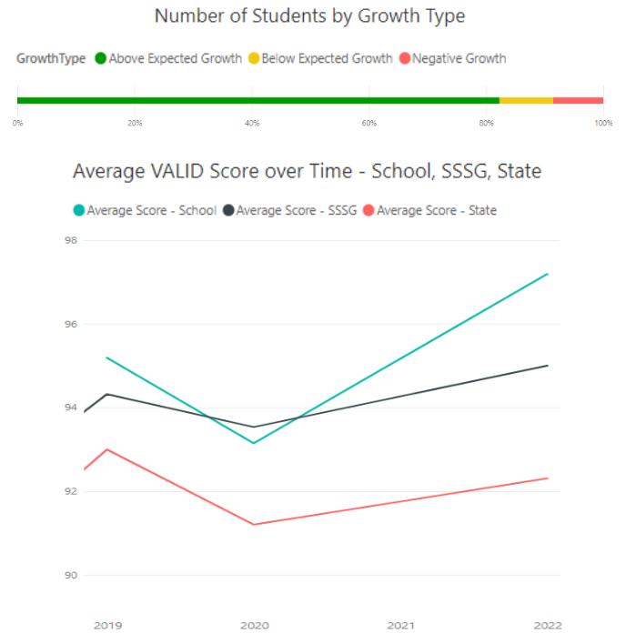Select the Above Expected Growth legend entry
[175, 59]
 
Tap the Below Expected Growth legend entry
[327, 59]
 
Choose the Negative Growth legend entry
[459, 59]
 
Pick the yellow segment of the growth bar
[526, 100]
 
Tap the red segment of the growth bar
[578, 100]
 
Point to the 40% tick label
[252, 122]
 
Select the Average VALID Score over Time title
[307, 171]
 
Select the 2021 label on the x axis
[401, 626]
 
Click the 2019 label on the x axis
[107, 626]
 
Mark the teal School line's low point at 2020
[254, 443]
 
